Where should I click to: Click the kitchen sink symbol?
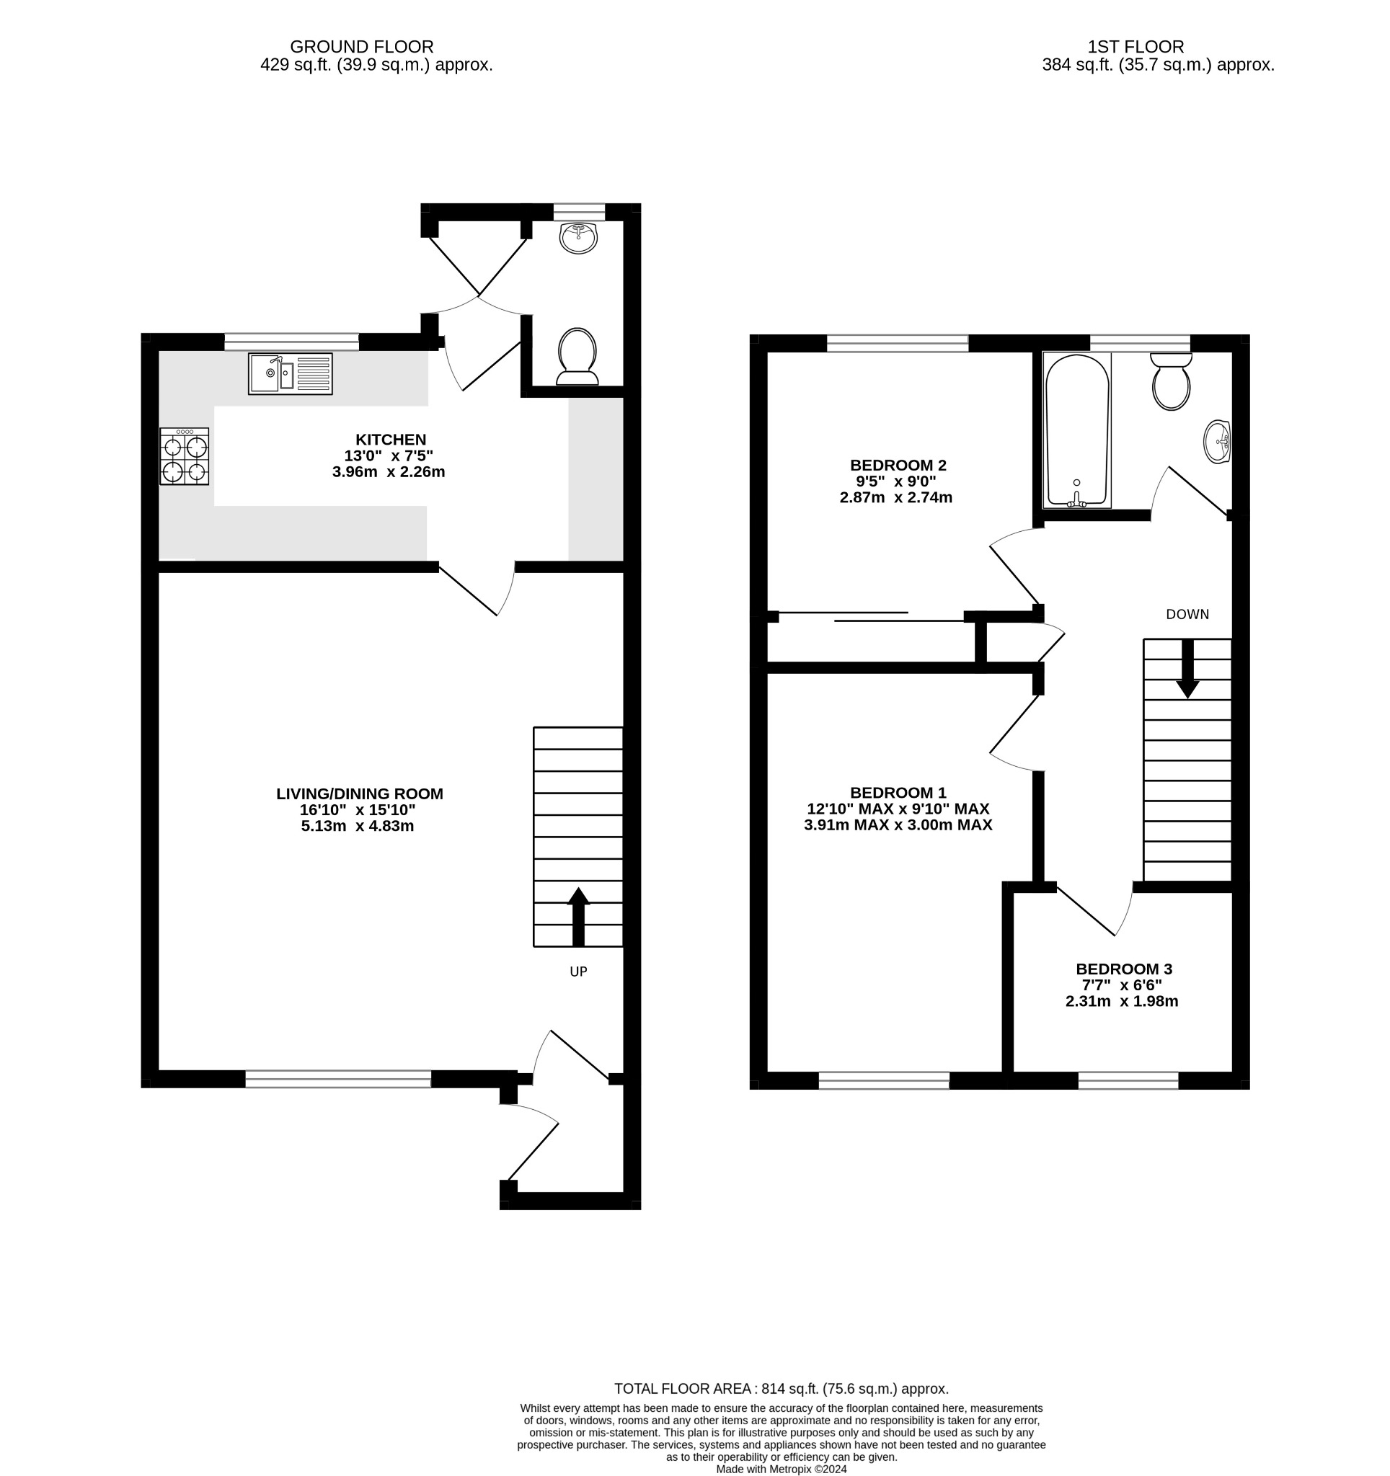[291, 373]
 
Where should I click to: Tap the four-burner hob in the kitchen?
[184, 456]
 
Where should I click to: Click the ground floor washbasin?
[578, 239]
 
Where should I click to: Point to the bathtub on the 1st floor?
[1076, 431]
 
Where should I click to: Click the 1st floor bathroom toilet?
[1171, 381]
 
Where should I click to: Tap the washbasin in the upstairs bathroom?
[1217, 442]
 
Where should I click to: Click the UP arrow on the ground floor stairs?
[577, 917]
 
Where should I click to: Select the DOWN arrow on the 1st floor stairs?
[1187, 668]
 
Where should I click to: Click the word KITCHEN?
[391, 440]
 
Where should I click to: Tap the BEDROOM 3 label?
[1123, 969]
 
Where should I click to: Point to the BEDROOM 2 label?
[898, 466]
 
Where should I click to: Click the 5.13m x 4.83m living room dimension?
[357, 826]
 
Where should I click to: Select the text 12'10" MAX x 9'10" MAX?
[898, 809]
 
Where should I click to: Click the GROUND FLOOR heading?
[362, 47]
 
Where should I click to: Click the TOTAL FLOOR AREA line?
[781, 1388]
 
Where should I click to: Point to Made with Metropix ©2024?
[781, 1469]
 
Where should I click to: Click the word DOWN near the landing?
[1187, 614]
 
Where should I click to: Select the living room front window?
[338, 1079]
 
